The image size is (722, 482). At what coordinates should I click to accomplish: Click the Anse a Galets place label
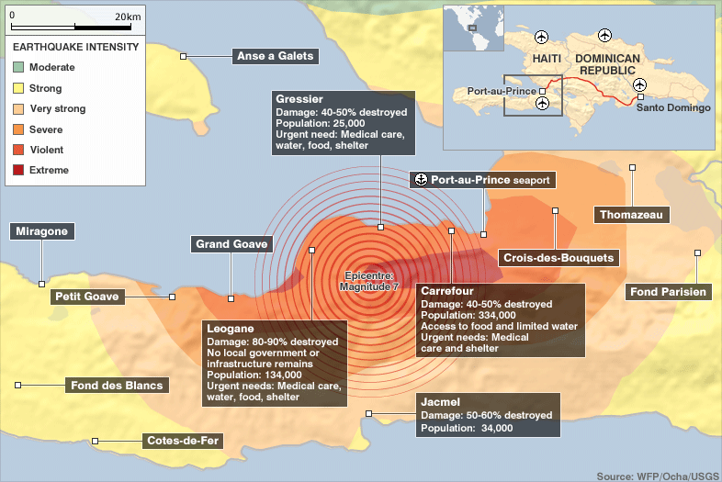[275, 56]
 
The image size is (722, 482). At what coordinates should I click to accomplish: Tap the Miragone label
[42, 231]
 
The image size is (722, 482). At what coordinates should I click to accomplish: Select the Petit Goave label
[86, 297]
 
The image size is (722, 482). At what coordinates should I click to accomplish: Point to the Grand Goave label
[231, 244]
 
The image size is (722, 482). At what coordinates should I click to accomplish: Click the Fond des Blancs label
[117, 386]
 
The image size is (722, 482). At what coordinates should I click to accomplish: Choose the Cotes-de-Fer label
[183, 441]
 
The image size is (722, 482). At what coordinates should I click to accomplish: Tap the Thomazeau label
[631, 215]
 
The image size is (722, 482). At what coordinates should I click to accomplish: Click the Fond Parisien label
[669, 292]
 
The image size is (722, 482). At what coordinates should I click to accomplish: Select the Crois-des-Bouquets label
[558, 258]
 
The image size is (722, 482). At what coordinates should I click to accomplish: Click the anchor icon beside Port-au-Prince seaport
[420, 180]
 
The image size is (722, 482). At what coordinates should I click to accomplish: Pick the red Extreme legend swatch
[18, 170]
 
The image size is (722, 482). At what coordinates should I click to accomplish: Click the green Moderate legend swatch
[18, 68]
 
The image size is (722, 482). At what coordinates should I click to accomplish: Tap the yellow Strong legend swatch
[18, 89]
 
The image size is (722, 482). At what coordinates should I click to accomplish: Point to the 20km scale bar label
[128, 17]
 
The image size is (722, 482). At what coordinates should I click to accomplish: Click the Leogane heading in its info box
[230, 328]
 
